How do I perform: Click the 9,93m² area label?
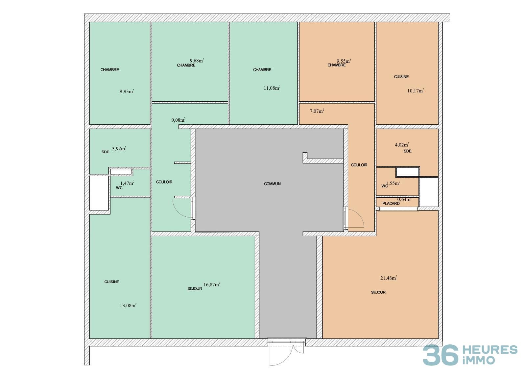click(x=127, y=91)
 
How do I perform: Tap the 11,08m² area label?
click(x=272, y=88)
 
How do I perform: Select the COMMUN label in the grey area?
click(x=272, y=184)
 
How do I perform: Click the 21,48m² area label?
click(x=389, y=278)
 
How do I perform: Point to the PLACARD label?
click(x=391, y=204)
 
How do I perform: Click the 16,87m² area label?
click(x=212, y=285)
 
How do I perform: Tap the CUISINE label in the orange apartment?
click(x=401, y=77)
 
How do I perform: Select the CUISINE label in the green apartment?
click(x=112, y=282)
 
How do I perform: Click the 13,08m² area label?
click(x=128, y=305)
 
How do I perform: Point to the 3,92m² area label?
click(x=119, y=148)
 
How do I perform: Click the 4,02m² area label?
click(x=402, y=144)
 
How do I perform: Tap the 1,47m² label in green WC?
click(x=127, y=183)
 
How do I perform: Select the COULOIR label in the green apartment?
click(x=164, y=182)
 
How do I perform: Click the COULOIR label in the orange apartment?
click(x=359, y=165)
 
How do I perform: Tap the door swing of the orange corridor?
click(x=355, y=218)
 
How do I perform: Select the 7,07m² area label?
click(x=317, y=111)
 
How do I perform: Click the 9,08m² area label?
click(x=178, y=120)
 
